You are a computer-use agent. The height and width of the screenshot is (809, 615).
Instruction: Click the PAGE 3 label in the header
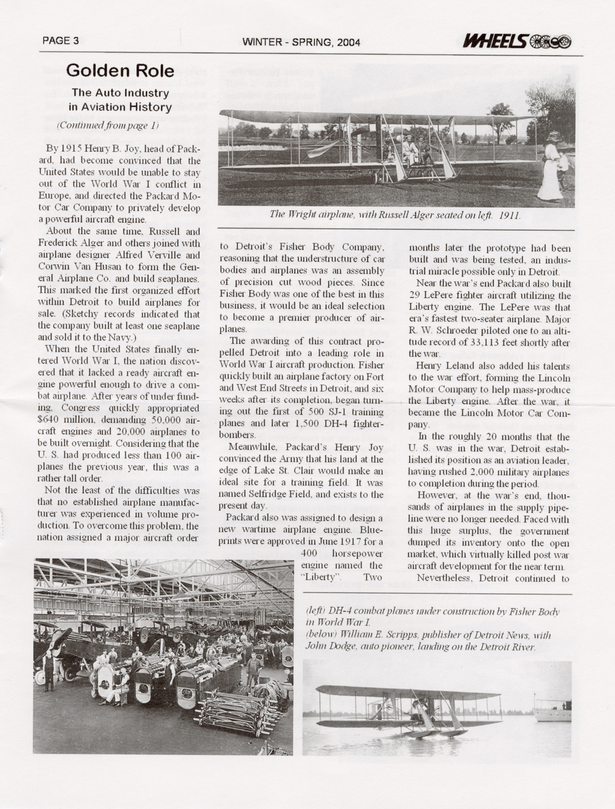(x=61, y=41)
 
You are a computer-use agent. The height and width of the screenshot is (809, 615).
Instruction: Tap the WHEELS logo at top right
(x=516, y=42)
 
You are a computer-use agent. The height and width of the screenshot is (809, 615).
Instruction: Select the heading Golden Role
(x=120, y=70)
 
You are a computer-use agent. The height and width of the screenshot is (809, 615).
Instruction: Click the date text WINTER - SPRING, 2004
(x=301, y=42)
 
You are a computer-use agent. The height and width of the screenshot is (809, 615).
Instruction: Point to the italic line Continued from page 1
(x=108, y=125)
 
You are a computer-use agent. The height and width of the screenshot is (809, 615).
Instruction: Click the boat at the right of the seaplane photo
(x=552, y=710)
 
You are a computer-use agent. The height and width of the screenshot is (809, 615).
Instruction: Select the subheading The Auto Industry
(x=120, y=93)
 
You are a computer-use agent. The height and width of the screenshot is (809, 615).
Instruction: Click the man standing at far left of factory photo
(x=48, y=670)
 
